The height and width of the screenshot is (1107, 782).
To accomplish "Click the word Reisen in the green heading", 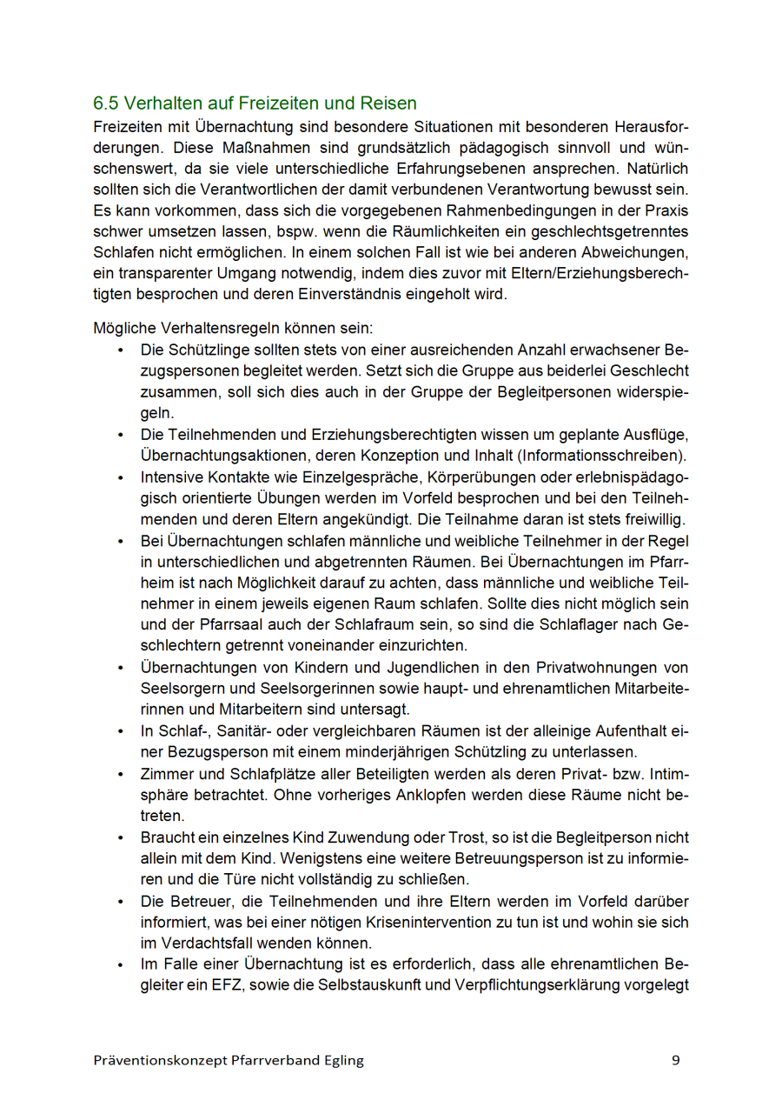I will coord(388,103).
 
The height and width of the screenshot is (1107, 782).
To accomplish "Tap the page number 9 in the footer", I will coord(676,1060).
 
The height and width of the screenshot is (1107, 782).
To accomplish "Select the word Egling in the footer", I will coord(342,1060).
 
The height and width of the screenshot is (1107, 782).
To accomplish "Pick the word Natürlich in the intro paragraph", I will coord(658,169).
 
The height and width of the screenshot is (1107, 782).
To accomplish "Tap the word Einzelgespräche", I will coord(336,477).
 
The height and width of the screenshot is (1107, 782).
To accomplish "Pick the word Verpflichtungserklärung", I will coord(539,985).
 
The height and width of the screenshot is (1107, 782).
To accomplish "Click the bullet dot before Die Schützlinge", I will coord(120,350).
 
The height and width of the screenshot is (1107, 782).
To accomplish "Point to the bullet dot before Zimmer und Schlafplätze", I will coord(120,774).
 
